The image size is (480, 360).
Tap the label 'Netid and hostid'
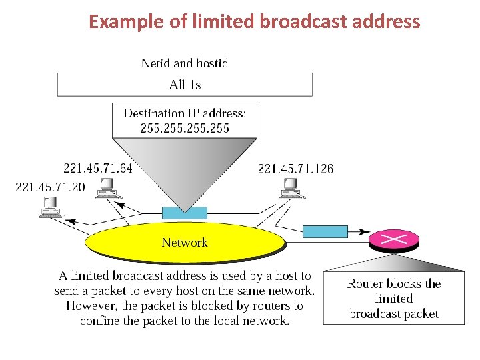coord(185,63)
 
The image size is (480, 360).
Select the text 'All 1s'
coord(185,84)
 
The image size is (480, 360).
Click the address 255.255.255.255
coord(185,128)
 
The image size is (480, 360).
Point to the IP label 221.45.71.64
coord(97,168)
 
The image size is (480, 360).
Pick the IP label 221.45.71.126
coord(295,168)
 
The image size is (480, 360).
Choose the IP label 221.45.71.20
coord(50,187)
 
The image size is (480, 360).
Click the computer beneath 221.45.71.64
coord(106,187)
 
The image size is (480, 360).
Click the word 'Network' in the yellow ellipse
coord(185,243)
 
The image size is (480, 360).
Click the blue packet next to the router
coord(325,231)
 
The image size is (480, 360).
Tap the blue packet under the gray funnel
coord(185,213)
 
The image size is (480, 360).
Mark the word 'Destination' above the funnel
coord(155,113)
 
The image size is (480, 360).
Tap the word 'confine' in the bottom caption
coord(100,321)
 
